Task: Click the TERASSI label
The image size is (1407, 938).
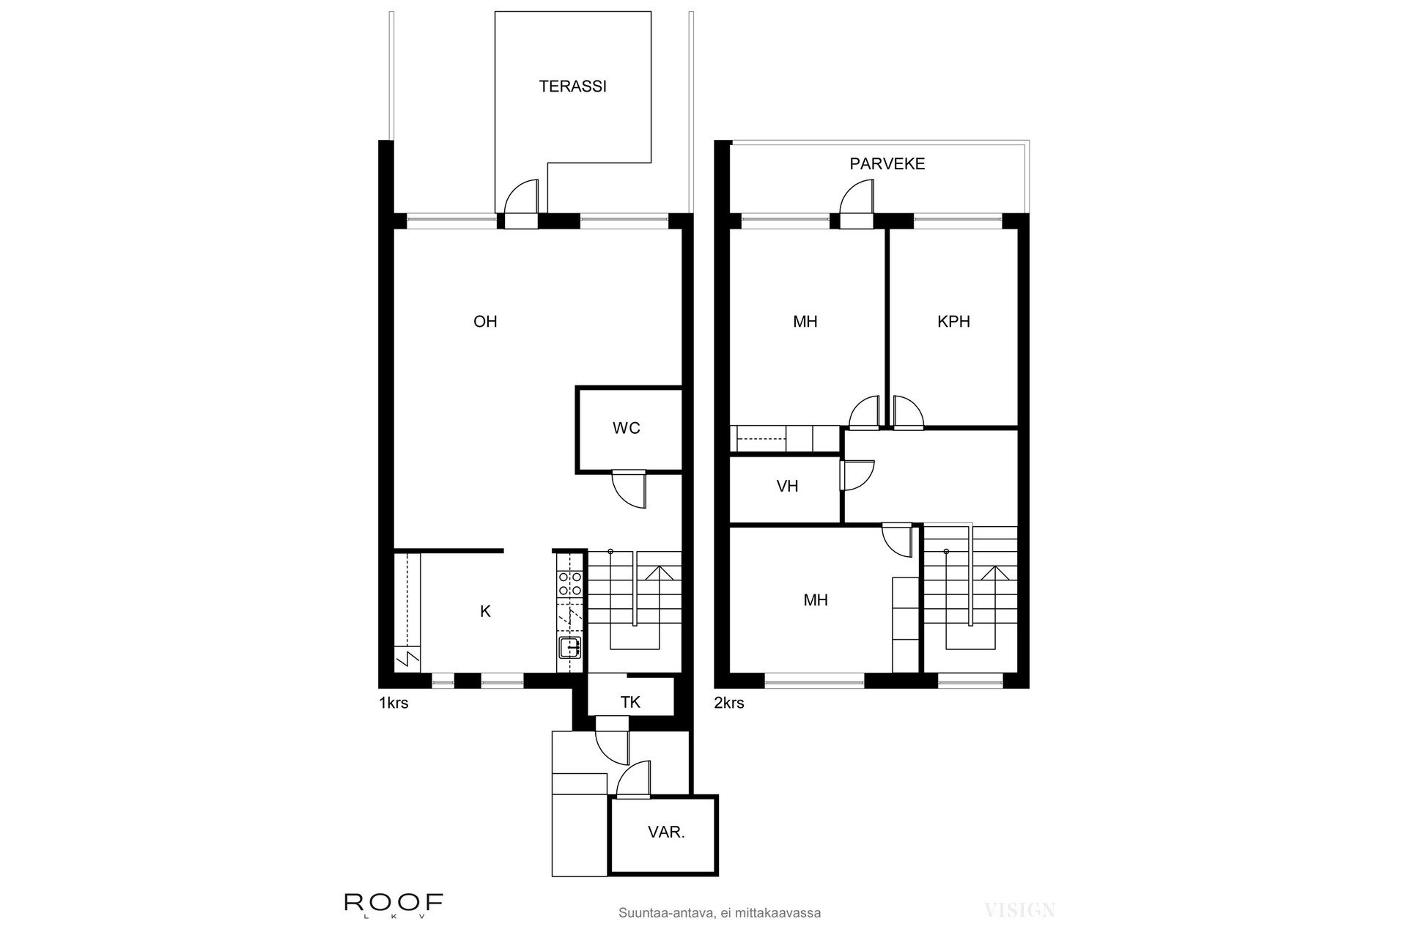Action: pyautogui.click(x=572, y=86)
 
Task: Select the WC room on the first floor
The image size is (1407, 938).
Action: pyautogui.click(x=627, y=429)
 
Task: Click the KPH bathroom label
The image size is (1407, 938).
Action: pyautogui.click(x=953, y=322)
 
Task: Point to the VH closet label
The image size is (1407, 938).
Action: pyautogui.click(x=787, y=487)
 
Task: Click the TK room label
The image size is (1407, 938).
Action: pyautogui.click(x=630, y=703)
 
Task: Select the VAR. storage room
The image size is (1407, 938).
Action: pyautogui.click(x=665, y=833)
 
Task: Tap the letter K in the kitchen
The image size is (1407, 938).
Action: pyautogui.click(x=485, y=612)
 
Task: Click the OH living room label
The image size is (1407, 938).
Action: pyautogui.click(x=485, y=322)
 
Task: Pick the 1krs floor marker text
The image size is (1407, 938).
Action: pyautogui.click(x=394, y=703)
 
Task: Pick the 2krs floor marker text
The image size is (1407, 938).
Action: pyautogui.click(x=729, y=703)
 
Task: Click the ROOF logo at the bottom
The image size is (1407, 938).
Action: pyautogui.click(x=394, y=903)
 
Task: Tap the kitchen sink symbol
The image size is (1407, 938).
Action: pyautogui.click(x=570, y=647)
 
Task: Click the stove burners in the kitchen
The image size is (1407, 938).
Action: pyautogui.click(x=570, y=583)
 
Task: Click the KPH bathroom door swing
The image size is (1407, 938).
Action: pyautogui.click(x=907, y=412)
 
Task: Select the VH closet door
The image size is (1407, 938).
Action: pyautogui.click(x=857, y=475)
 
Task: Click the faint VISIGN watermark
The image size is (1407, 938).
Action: pyautogui.click(x=1019, y=911)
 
